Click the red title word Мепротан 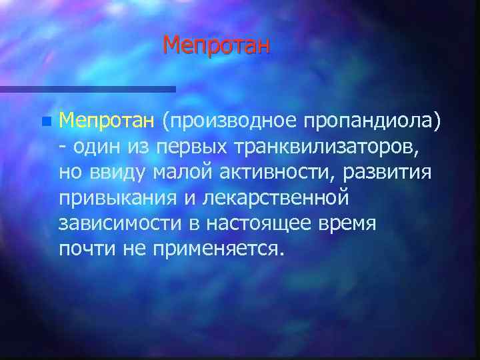coord(217,45)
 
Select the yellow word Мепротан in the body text coord(107,121)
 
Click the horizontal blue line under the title coord(87,89)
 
